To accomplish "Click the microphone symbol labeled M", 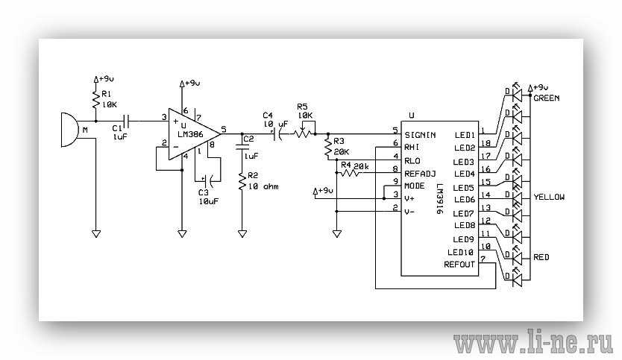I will point(69,130).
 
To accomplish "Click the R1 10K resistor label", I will point(109,100).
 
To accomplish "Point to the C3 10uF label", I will point(208,197).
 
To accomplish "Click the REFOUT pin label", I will point(459,264).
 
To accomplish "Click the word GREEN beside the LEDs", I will point(547,98).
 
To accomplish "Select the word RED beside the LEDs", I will point(541,257).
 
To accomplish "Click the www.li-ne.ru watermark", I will point(535,344).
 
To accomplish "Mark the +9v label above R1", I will point(105,78).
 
